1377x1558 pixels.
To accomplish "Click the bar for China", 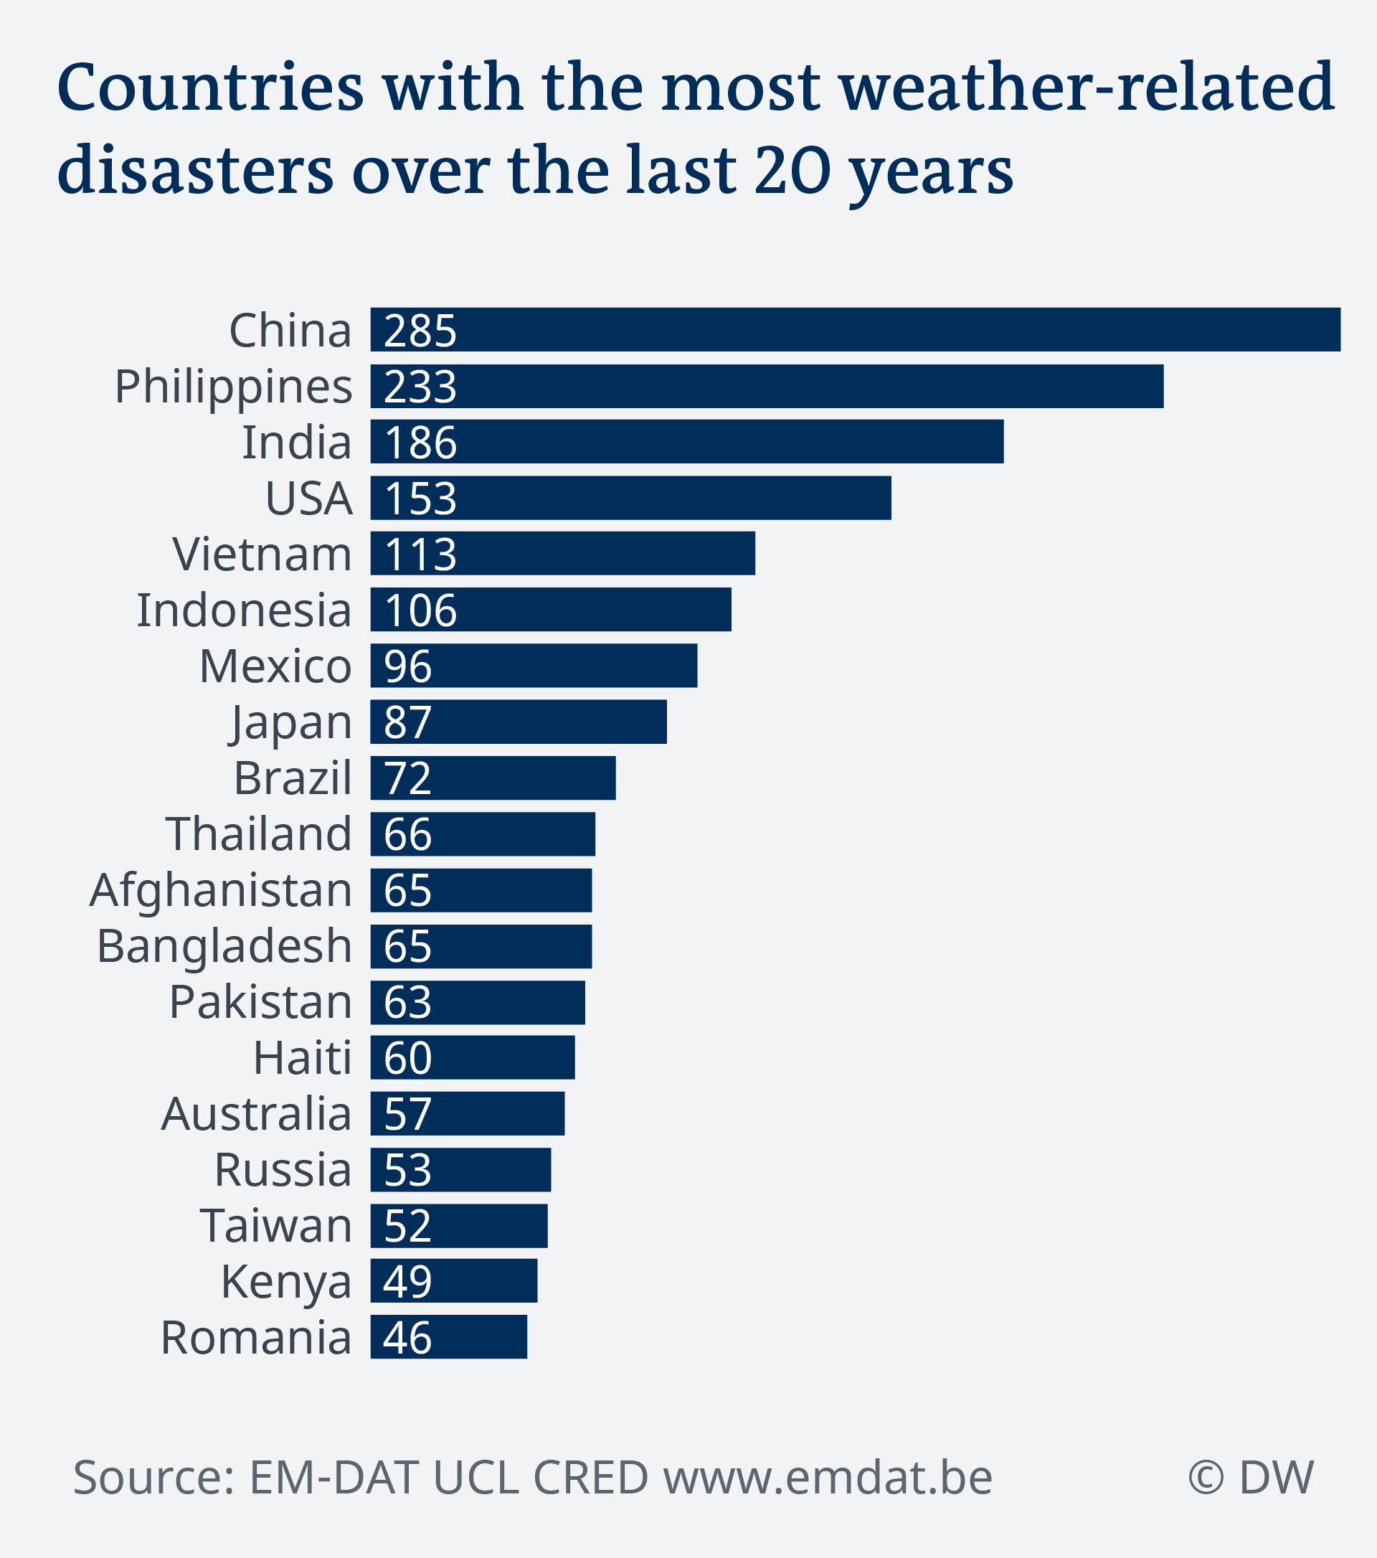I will point(855,329).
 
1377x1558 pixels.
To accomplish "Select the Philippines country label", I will point(233,387).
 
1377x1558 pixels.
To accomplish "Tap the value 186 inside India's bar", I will point(421,442).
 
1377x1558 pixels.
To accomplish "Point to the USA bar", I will point(631,498).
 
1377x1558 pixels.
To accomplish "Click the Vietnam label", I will point(262,554).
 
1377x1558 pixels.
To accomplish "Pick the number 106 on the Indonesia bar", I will point(421,610).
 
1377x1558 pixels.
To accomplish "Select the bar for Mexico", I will point(534,666).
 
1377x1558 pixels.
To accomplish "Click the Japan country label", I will point(291,722).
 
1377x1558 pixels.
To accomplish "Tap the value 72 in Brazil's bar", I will point(407,778).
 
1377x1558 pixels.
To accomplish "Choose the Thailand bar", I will point(483,834).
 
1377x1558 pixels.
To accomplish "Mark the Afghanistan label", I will point(221,890).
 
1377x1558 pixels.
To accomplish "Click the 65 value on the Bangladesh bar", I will point(407,946).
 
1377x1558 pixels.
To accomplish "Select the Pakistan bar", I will point(478,1002).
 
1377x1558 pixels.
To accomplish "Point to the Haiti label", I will point(303,1058).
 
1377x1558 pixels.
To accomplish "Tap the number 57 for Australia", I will point(407,1113).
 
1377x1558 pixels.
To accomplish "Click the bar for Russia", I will point(460,1169).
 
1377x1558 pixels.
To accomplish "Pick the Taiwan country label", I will point(276,1226).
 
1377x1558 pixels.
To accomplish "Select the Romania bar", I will point(448,1337).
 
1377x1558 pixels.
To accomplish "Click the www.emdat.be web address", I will point(828,1477).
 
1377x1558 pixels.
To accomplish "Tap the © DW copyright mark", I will point(1251,1477).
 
